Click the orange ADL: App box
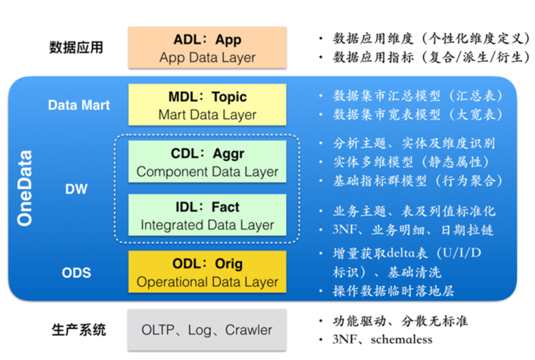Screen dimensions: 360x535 pos(207,48)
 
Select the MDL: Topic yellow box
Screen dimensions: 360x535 pos(207,105)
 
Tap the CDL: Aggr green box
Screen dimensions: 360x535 pos(207,162)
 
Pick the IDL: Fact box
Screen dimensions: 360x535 pos(207,215)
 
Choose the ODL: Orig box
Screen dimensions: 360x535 pos(207,272)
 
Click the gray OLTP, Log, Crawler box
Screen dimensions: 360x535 pos(207,330)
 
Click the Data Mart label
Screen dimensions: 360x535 pos(79,105)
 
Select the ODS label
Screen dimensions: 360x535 pos(77,272)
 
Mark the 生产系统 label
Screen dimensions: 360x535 pos(78,330)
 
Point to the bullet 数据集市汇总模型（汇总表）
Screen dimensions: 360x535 pos(418,96)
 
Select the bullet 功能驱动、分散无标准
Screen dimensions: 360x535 pos(400,321)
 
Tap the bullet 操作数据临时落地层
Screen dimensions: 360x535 pos(393,291)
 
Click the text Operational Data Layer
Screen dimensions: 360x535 pos(207,282)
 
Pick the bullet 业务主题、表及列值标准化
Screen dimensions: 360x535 pos(414,211)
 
